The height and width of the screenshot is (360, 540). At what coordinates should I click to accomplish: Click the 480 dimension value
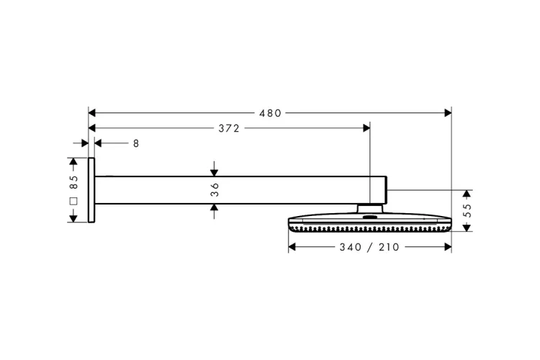pos(270,113)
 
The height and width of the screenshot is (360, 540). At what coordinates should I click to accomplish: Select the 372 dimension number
pos(229,128)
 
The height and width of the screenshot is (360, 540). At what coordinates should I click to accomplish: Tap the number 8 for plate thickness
pos(136,143)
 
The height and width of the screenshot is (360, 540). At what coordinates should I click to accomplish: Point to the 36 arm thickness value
pos(215,190)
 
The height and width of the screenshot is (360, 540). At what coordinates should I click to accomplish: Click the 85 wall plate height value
pos(73,182)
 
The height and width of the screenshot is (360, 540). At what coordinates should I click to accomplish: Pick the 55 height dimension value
pos(467,210)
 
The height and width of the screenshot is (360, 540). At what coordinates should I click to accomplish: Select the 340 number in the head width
pos(351,247)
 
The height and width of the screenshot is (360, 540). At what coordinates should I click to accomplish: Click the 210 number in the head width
pos(389,247)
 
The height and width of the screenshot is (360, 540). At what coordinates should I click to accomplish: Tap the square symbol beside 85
pos(73,201)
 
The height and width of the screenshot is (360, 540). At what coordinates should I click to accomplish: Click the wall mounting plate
pos(91,190)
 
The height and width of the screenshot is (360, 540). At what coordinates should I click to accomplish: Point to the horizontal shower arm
pos(240,190)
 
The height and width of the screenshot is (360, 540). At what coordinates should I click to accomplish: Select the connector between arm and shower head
pos(370,208)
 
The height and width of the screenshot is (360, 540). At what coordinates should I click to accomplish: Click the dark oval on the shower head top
pos(370,217)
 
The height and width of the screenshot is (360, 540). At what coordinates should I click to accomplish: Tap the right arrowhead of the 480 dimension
pos(448,113)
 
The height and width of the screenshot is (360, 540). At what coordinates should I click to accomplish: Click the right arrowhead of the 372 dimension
pos(366,128)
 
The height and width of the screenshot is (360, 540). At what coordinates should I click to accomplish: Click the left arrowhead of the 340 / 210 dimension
pos(292,247)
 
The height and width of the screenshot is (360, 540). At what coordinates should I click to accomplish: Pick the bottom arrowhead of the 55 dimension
pos(467,228)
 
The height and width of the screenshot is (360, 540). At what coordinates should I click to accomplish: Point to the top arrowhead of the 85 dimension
pos(73,161)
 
